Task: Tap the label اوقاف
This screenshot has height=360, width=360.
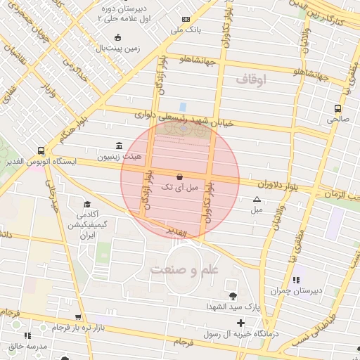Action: tap(251, 80)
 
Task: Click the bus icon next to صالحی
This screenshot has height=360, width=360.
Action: tap(338, 108)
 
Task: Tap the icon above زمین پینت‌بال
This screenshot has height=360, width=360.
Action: tap(117, 37)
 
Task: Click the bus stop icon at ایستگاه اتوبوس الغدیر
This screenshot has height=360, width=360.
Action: tap(41, 150)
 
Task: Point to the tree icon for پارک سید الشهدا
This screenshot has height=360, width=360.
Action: tap(233, 296)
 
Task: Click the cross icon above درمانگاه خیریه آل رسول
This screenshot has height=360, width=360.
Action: tap(241, 323)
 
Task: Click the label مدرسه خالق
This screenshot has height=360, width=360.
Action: tap(27, 347)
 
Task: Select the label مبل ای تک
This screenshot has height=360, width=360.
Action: tap(180, 188)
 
